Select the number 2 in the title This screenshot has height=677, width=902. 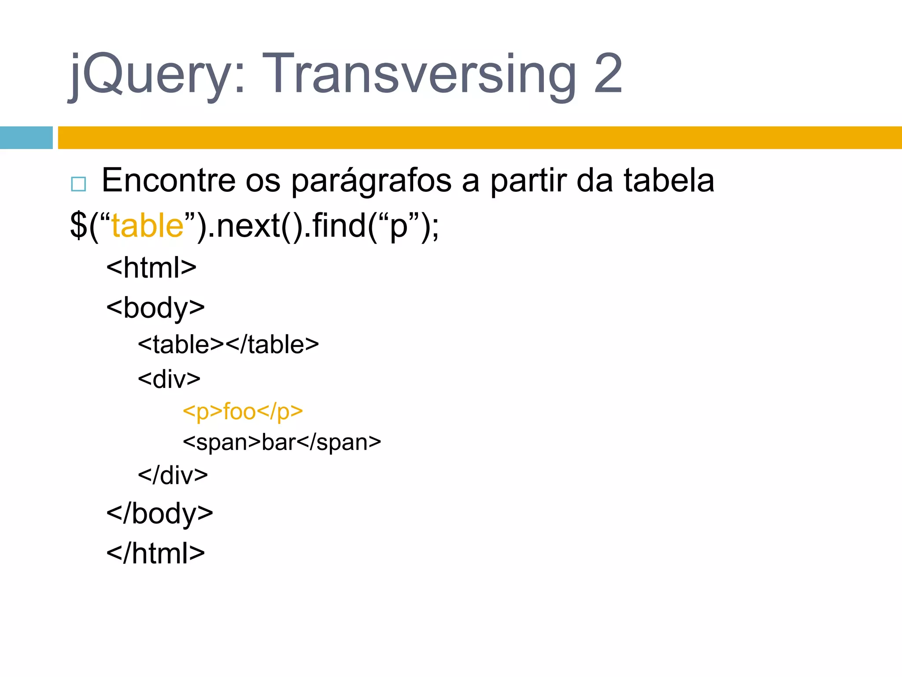point(608,74)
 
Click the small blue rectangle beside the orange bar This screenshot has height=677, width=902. point(26,138)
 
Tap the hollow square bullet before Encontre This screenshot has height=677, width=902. point(78,184)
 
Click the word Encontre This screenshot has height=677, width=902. point(169,181)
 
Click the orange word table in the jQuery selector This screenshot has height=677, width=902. point(147,226)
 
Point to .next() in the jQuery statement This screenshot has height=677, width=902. point(255,226)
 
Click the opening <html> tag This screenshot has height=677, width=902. point(151,267)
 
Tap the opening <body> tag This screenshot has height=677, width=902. point(155,308)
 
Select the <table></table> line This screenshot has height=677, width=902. point(228,344)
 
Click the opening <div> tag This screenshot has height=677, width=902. point(169,379)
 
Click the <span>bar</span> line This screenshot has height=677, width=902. point(282,442)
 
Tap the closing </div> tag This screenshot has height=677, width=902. point(173,475)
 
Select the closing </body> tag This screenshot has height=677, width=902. point(159,513)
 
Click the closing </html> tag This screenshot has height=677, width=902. point(155,553)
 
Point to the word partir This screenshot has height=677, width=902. point(528,181)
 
